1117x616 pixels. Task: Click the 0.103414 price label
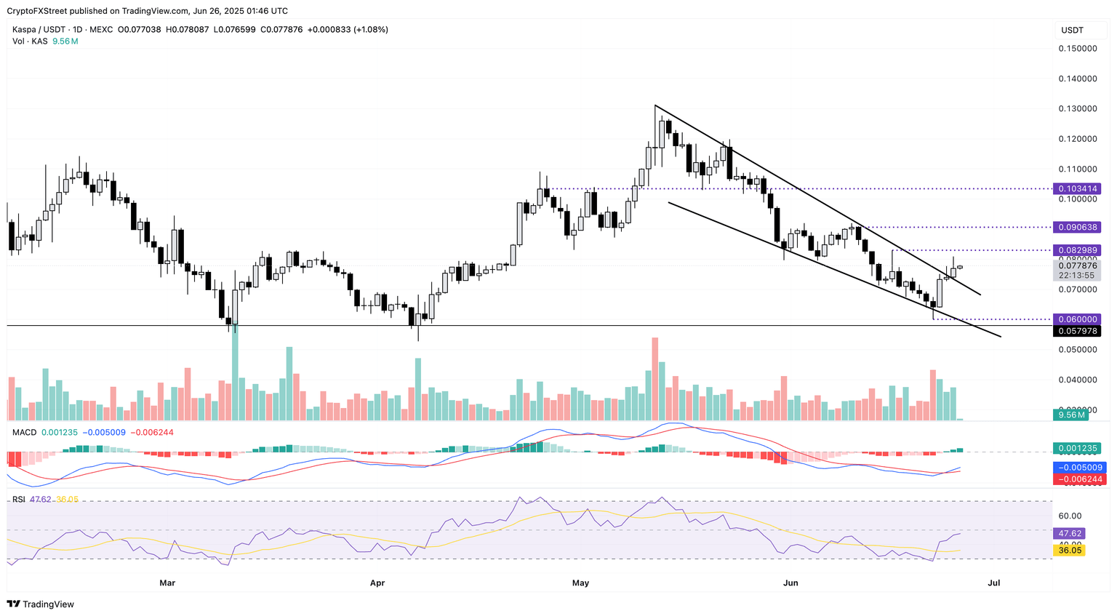pyautogui.click(x=1078, y=188)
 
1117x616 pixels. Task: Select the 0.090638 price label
pyautogui.click(x=1078, y=227)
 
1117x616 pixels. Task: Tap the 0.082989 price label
pyautogui.click(x=1078, y=250)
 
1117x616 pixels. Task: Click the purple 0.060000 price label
pyautogui.click(x=1078, y=319)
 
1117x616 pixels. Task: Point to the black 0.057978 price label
pyautogui.click(x=1078, y=331)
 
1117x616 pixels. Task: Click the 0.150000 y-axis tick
pyautogui.click(x=1078, y=49)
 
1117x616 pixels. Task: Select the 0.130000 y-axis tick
pyautogui.click(x=1078, y=109)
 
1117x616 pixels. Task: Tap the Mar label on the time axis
pyautogui.click(x=167, y=583)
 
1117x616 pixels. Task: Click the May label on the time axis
pyautogui.click(x=580, y=583)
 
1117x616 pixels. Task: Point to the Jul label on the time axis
pyautogui.click(x=994, y=583)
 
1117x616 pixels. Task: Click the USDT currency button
pyautogui.click(x=1073, y=30)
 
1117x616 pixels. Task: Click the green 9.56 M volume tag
pyautogui.click(x=1072, y=415)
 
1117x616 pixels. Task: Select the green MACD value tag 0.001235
pyautogui.click(x=1078, y=449)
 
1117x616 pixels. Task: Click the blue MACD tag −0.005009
pyautogui.click(x=1078, y=468)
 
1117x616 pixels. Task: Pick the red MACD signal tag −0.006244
pyautogui.click(x=1078, y=479)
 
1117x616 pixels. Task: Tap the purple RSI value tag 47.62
pyautogui.click(x=1069, y=533)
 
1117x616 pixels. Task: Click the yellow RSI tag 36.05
pyautogui.click(x=1069, y=551)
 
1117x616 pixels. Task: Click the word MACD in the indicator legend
pyautogui.click(x=24, y=432)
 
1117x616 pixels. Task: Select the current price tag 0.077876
pyautogui.click(x=1078, y=266)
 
